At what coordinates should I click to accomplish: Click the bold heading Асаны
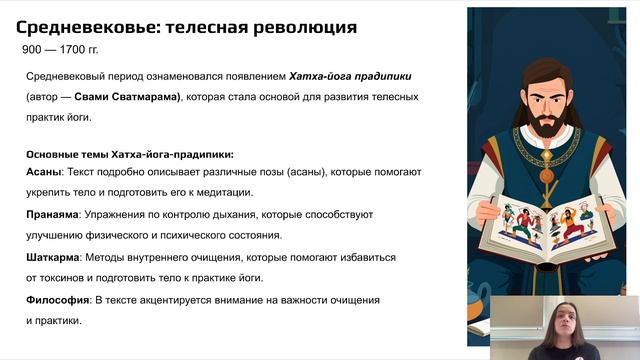pyautogui.click(x=43, y=172)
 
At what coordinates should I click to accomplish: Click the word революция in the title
pyautogui.click(x=300, y=26)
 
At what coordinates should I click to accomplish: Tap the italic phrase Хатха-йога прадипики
pyautogui.click(x=351, y=76)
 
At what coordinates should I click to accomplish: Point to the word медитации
pyautogui.click(x=227, y=192)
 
